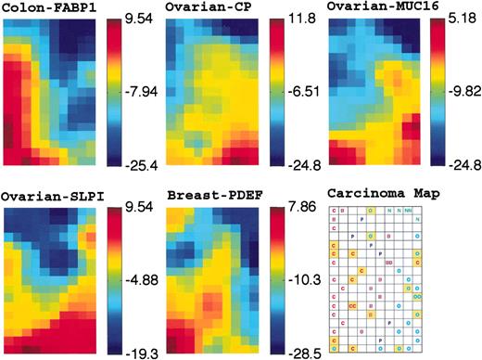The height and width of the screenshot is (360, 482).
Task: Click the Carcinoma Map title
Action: point(374,196)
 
